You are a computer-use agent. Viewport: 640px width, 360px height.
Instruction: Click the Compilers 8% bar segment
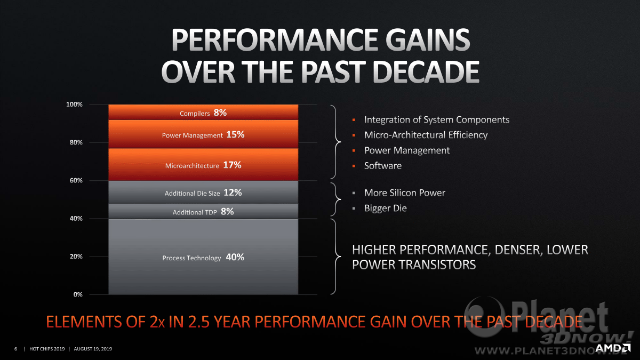(x=203, y=113)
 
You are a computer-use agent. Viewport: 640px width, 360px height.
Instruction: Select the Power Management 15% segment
(x=203, y=134)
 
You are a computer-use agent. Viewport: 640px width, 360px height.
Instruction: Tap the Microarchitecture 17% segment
(x=203, y=164)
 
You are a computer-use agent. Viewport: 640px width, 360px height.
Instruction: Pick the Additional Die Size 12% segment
(x=203, y=192)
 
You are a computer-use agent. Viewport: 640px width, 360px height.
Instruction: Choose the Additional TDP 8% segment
(x=203, y=211)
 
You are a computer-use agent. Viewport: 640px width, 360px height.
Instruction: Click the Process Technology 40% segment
(x=203, y=257)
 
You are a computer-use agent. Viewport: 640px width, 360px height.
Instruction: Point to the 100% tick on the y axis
(x=74, y=105)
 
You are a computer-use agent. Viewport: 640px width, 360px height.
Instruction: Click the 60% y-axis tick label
(x=76, y=180)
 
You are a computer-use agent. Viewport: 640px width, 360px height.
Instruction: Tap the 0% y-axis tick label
(x=78, y=294)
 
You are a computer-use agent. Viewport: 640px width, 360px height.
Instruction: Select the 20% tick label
(x=76, y=257)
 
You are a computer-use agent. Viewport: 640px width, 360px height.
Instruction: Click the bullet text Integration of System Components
(x=437, y=119)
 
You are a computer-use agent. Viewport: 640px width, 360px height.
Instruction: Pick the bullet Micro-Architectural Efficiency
(x=426, y=135)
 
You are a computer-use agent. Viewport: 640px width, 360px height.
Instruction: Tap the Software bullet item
(x=383, y=166)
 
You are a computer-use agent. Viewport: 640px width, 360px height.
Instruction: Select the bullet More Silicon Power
(x=405, y=193)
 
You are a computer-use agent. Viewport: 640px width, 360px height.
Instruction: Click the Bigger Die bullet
(x=386, y=209)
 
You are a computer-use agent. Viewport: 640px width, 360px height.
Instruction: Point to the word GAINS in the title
(x=428, y=39)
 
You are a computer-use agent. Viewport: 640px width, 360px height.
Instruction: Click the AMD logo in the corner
(x=613, y=348)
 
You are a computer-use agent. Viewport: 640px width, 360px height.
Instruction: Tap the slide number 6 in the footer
(x=15, y=349)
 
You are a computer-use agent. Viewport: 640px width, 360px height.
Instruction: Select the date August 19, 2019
(x=93, y=349)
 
